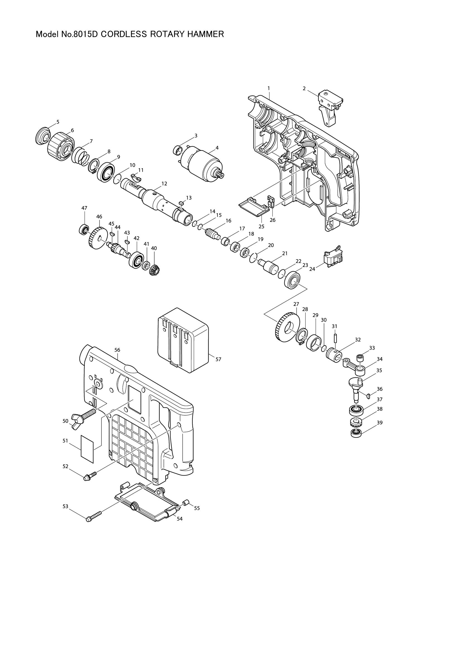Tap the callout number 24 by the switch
(x=312, y=269)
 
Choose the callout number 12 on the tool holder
(x=164, y=184)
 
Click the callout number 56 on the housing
(x=117, y=350)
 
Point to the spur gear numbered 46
(x=97, y=239)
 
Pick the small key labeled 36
(x=368, y=395)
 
